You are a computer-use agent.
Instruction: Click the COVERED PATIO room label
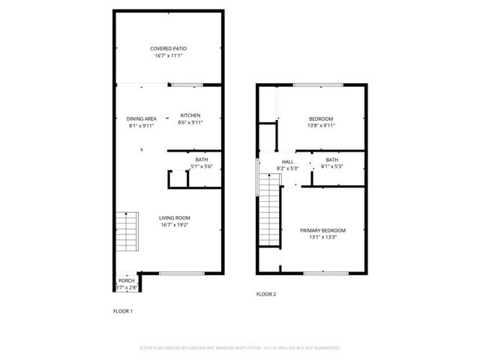tap(168, 49)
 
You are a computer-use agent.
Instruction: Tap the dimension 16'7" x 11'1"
tap(168, 55)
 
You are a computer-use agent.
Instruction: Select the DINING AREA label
tap(141, 118)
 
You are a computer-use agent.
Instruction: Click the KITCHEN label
tap(190, 115)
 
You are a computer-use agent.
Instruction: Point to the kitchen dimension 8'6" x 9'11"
tap(190, 122)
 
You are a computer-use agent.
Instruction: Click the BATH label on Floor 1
tap(202, 160)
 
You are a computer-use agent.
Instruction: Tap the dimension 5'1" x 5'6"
tap(202, 166)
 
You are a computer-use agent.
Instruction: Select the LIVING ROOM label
tap(174, 218)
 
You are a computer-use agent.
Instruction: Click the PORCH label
tap(127, 280)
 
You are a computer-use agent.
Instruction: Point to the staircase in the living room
tap(127, 232)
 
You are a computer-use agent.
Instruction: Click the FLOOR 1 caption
tap(123, 310)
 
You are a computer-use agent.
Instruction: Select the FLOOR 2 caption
tap(266, 294)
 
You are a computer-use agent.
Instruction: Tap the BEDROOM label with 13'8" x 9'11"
tap(321, 119)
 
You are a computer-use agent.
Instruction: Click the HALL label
tap(288, 161)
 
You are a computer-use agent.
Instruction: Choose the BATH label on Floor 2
tap(331, 160)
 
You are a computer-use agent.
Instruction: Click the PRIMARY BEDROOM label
tap(322, 230)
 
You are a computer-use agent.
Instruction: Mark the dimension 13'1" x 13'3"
tap(322, 237)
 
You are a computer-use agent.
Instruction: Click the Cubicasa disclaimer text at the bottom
tap(240, 348)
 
